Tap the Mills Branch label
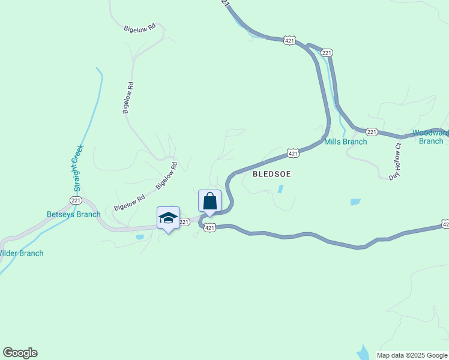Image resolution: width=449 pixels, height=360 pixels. (345, 142)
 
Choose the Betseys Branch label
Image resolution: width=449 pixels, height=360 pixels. (74, 214)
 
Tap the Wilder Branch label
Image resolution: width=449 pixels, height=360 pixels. (21, 253)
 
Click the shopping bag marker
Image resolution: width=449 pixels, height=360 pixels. (209, 201)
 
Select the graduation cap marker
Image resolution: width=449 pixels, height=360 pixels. (168, 218)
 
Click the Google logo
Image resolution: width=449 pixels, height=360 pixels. (20, 353)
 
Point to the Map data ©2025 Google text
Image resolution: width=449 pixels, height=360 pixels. (412, 355)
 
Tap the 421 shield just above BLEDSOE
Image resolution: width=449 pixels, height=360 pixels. (292, 154)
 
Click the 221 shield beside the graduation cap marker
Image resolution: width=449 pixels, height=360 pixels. (184, 222)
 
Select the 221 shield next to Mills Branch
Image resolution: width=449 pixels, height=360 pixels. (372, 131)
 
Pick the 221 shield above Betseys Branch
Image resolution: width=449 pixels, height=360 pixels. (75, 200)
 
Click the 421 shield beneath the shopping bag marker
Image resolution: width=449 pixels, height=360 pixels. (209, 227)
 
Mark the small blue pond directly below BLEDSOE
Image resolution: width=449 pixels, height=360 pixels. (281, 188)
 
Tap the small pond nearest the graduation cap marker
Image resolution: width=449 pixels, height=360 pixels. (139, 237)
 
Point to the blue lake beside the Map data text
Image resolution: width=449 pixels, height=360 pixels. (364, 352)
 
